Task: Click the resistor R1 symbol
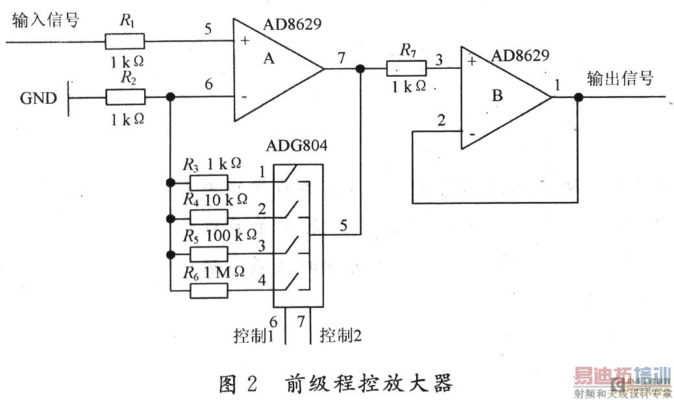[x=125, y=42]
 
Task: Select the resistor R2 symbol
[x=125, y=98]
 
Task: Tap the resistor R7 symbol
[x=406, y=68]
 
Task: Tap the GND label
[x=38, y=99]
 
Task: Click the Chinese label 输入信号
[x=45, y=20]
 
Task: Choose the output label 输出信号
[x=620, y=79]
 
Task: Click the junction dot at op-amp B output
[x=579, y=98]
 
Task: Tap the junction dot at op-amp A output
[x=360, y=68]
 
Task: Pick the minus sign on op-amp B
[x=472, y=134]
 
